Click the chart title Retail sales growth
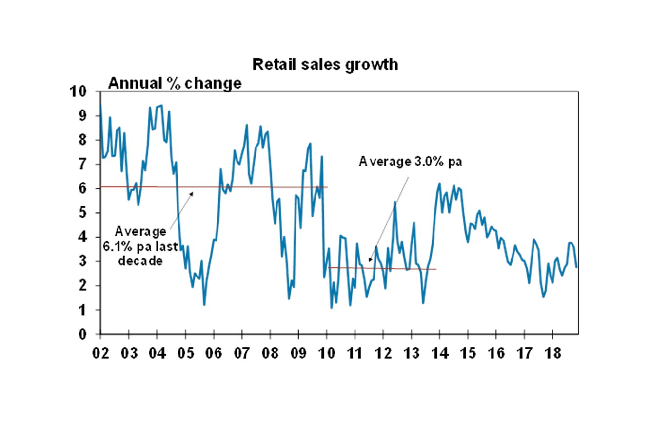pos(325,64)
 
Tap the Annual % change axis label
pos(175,84)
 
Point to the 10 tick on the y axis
pos(79,92)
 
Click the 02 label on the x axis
pos(100,352)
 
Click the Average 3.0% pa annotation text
pos(410,162)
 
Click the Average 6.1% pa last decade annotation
pos(132,246)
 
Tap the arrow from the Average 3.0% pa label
pos(390,214)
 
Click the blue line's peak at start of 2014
pos(439,184)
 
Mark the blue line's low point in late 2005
pos(204,305)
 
